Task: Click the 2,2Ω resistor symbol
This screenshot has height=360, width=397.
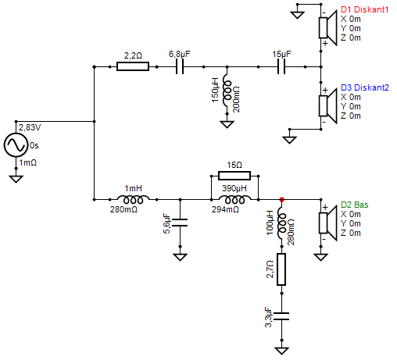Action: click(133, 67)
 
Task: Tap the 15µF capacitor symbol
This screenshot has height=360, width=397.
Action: click(282, 67)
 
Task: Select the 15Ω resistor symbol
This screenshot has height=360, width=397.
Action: click(234, 176)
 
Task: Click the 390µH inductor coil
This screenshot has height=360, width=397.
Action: click(234, 198)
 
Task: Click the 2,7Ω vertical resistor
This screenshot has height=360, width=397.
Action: click(282, 270)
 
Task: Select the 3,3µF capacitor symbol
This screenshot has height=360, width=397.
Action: click(282, 317)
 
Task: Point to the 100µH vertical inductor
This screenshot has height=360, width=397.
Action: click(282, 224)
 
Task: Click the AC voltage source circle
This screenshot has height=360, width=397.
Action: click(15, 146)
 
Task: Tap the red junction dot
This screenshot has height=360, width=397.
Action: click(282, 198)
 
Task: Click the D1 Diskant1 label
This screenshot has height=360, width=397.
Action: click(365, 9)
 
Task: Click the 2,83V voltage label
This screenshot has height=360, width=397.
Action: click(30, 127)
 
